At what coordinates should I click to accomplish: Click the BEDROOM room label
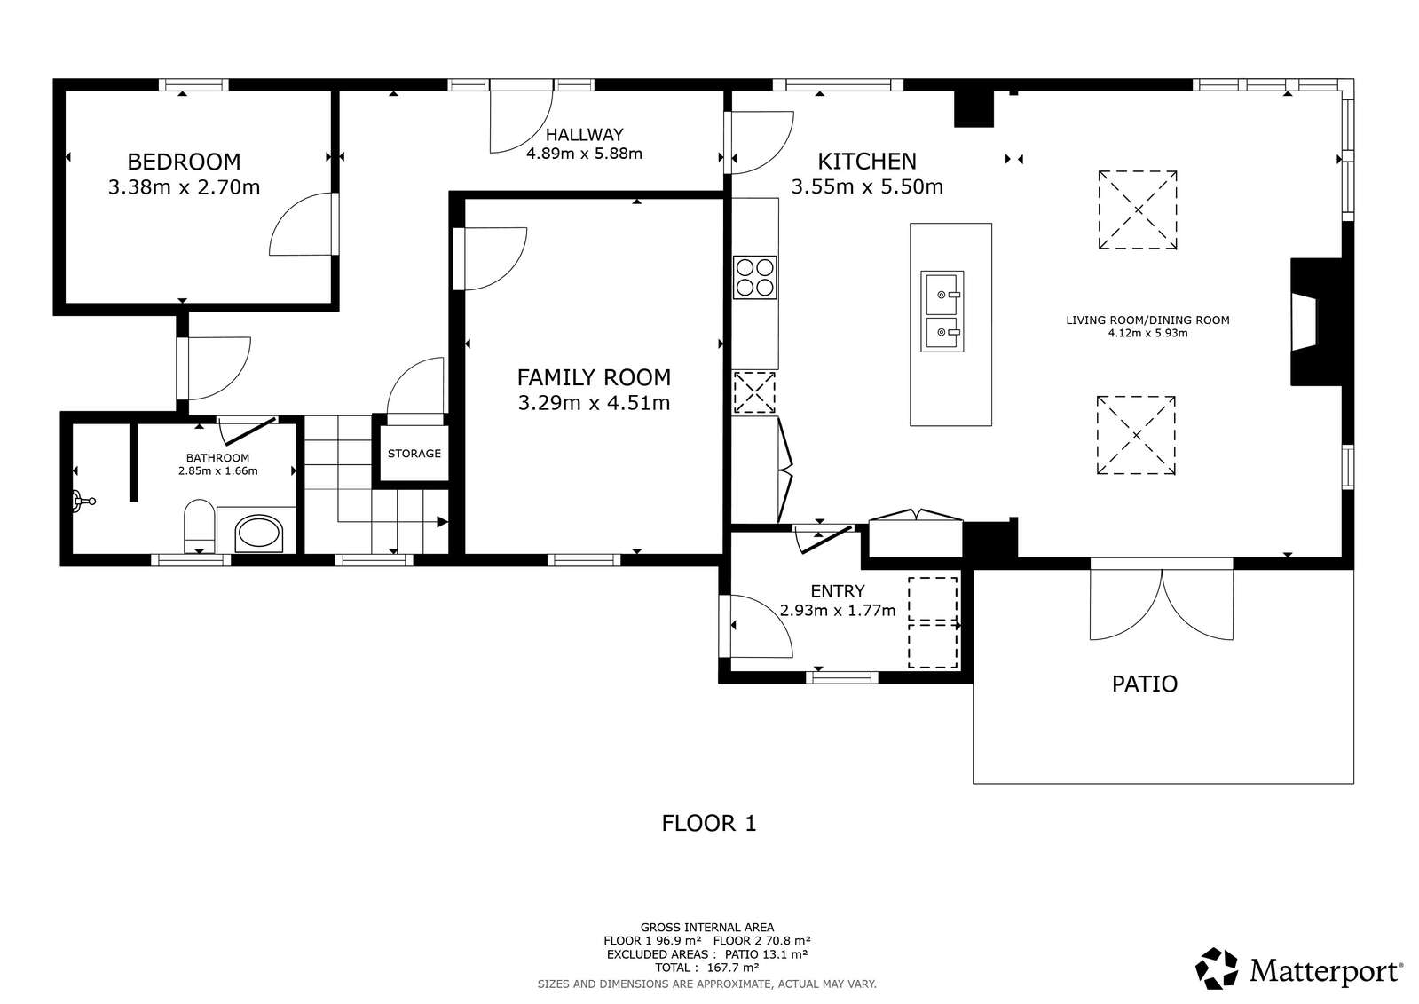[x=184, y=162]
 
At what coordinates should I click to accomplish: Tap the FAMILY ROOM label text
[x=594, y=378]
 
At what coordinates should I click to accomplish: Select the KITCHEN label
[x=867, y=162]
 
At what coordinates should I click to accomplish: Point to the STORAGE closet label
[x=414, y=454]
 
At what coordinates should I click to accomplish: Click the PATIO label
[x=1145, y=684]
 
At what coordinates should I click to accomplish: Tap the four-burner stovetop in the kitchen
[x=754, y=278]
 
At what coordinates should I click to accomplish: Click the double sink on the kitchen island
[x=942, y=312]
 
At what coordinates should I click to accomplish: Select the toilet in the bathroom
[x=199, y=526]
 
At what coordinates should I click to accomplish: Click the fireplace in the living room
[x=1318, y=321]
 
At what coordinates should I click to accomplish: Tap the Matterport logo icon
[x=1217, y=968]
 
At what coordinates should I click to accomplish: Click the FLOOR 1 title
[x=709, y=824]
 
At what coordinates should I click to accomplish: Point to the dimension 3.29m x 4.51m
[x=594, y=403]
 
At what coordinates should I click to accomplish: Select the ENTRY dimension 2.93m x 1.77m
[x=838, y=611]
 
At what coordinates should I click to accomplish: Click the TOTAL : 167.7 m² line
[x=707, y=968]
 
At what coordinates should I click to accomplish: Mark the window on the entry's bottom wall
[x=842, y=677]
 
